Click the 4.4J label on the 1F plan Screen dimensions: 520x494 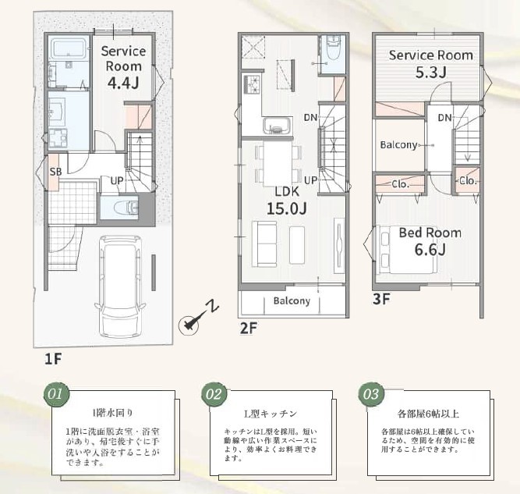click(123, 83)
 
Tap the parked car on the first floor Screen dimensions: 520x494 click(120, 286)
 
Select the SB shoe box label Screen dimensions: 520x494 click(55, 172)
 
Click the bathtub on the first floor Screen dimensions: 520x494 click(69, 48)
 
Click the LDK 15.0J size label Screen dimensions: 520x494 click(287, 208)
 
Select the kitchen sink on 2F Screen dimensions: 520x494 click(278, 126)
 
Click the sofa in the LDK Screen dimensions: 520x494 click(264, 244)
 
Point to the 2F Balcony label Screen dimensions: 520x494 click(292, 301)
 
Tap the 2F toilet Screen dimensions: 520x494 click(333, 48)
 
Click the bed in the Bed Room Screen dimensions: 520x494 click(407, 249)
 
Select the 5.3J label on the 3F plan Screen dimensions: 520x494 click(431, 73)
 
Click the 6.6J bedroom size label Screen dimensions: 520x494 click(430, 250)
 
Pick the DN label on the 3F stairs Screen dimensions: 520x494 click(444, 118)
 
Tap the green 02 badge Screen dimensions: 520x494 click(214, 394)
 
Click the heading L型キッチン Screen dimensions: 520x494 click(271, 414)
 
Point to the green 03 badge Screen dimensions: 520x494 click(371, 394)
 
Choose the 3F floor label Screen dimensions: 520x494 click(381, 299)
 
